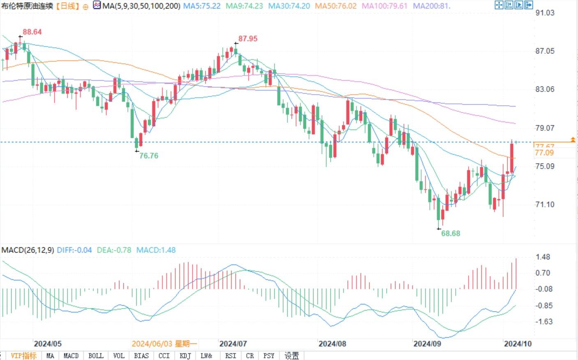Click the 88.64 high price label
(32, 32)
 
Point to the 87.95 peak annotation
(248, 39)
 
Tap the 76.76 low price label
(148, 156)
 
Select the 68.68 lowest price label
(450, 233)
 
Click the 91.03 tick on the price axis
(545, 13)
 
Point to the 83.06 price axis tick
(545, 89)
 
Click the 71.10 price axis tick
(545, 204)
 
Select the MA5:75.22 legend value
(202, 6)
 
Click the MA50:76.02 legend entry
(336, 6)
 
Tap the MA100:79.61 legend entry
(384, 6)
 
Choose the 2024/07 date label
(233, 344)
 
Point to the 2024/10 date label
(518, 344)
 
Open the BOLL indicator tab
(96, 355)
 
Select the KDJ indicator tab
(185, 355)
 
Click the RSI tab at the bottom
(230, 355)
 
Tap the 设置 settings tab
(292, 355)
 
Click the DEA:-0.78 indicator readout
(114, 250)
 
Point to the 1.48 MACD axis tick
(543, 257)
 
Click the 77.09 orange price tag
(544, 153)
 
